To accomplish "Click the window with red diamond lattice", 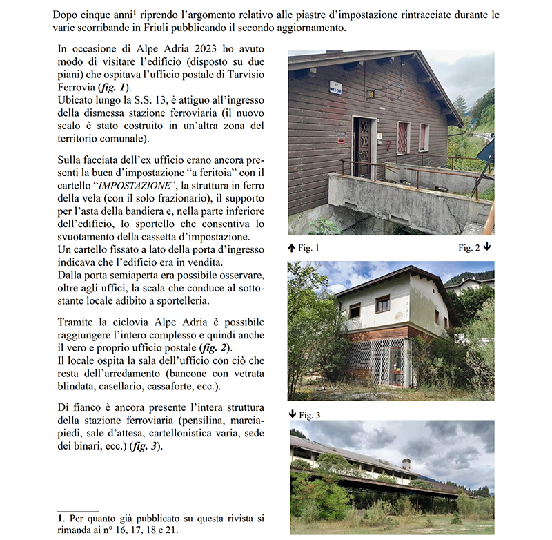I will click(403, 137).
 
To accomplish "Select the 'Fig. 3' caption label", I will click(309, 414).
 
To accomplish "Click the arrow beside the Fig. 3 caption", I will click(293, 414).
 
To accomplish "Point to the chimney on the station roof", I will click(406, 463).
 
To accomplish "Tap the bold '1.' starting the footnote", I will click(61, 518).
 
